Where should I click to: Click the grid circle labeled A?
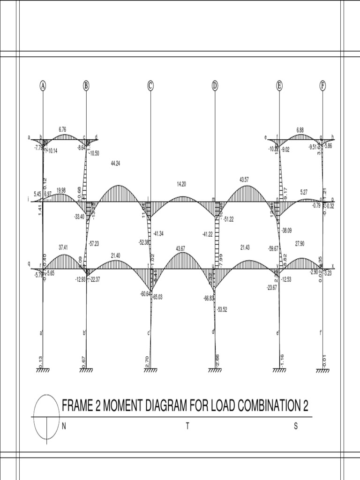point(43,86)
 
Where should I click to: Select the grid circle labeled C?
point(150,86)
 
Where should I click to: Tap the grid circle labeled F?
point(322,86)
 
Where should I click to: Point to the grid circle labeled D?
point(215,86)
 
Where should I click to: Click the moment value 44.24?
point(115,163)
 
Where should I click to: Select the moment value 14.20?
point(182,184)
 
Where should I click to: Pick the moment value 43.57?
point(245,180)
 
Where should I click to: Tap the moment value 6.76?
point(63,129)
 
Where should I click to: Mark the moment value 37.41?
point(64,247)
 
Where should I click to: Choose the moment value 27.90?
point(300,244)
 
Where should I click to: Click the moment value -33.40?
point(79,217)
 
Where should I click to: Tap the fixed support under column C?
point(150,370)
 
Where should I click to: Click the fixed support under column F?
point(322,370)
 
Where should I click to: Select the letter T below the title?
point(187,426)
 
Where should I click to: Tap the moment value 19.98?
point(61,190)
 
